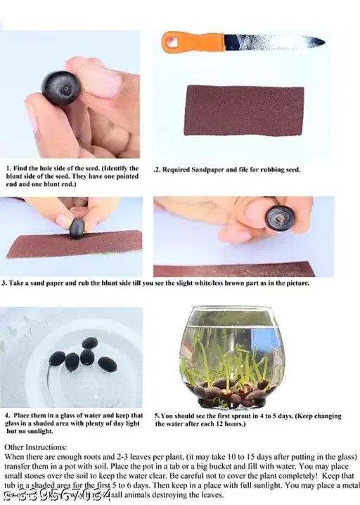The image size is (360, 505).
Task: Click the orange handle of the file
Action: [x=188, y=41]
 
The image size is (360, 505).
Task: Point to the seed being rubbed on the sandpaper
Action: [x=77, y=227]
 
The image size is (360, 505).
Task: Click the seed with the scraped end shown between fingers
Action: [x=280, y=219]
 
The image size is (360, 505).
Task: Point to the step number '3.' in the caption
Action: [x=5, y=283]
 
